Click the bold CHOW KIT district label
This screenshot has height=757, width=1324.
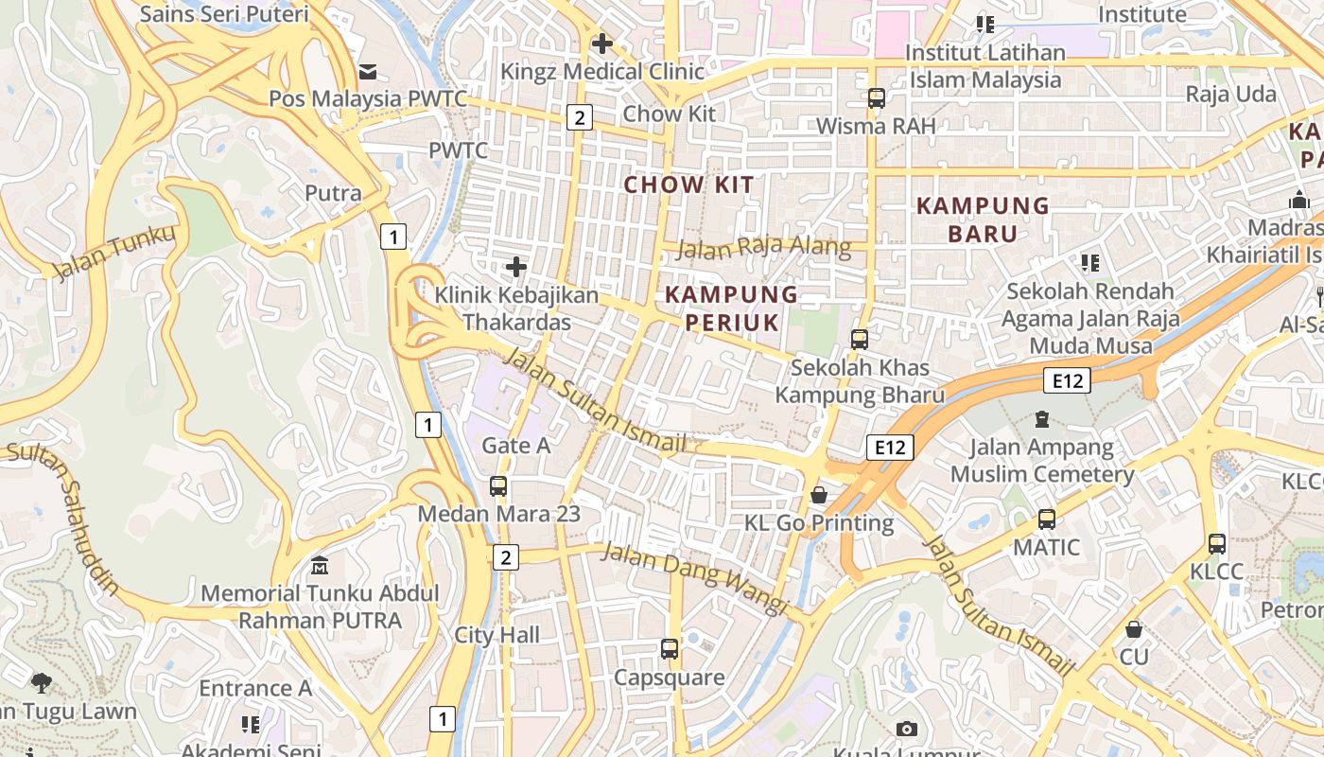click(x=688, y=185)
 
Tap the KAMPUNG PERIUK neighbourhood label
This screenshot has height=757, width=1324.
click(x=731, y=308)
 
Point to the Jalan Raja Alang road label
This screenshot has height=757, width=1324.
click(x=764, y=248)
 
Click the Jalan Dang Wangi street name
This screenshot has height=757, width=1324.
click(x=694, y=577)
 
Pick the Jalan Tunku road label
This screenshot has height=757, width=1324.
click(x=114, y=253)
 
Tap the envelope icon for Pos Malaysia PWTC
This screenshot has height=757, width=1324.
click(x=367, y=72)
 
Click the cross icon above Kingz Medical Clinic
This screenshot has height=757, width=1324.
click(x=601, y=44)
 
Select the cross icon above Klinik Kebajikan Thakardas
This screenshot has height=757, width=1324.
click(x=516, y=268)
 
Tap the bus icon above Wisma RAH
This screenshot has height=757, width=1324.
click(x=876, y=98)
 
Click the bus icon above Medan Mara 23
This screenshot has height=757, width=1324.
click(x=498, y=486)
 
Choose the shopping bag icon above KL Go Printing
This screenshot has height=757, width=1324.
click(x=819, y=495)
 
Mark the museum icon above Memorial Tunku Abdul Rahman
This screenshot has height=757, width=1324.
click(x=320, y=566)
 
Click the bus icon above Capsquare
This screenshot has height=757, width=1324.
click(x=670, y=649)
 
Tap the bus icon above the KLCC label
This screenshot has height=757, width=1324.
click(x=1217, y=544)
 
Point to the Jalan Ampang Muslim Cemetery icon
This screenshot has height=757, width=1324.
click(x=1042, y=418)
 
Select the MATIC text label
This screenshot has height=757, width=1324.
click(x=1046, y=547)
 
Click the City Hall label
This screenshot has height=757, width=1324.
click(x=496, y=635)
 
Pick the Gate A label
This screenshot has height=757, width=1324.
click(x=515, y=445)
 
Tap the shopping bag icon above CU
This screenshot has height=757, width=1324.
click(x=1133, y=629)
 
